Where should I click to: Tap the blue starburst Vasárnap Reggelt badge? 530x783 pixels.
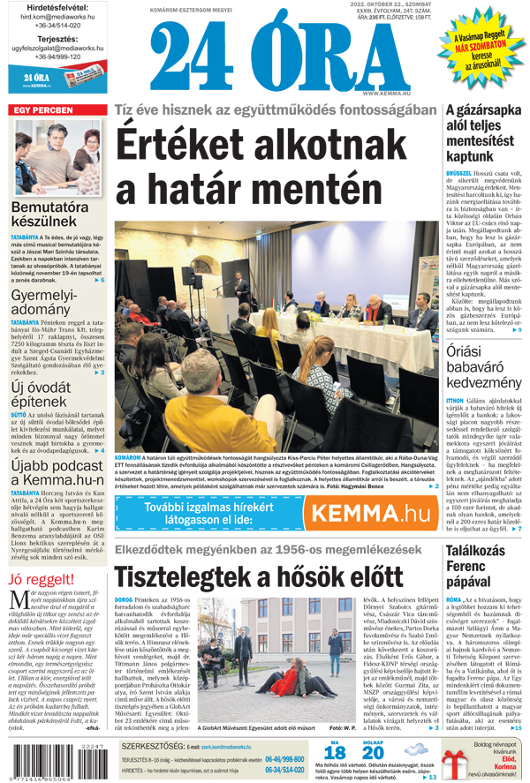484,48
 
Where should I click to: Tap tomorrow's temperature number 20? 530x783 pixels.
372,751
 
